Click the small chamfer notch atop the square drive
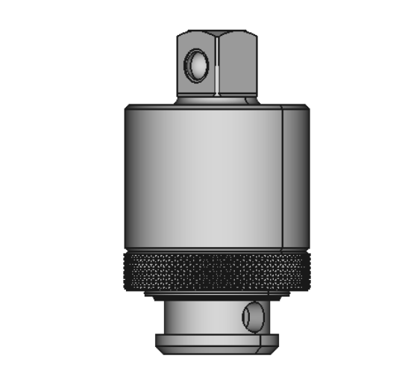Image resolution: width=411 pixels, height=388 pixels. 216,34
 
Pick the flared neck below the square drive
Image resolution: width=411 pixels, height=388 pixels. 216,98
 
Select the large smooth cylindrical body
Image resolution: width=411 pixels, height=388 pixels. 201,179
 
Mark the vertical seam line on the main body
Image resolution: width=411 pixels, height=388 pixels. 283,179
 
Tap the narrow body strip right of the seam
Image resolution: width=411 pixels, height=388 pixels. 295,179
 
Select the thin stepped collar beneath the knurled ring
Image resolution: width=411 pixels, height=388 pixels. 216,295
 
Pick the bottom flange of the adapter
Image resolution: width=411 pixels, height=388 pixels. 216,344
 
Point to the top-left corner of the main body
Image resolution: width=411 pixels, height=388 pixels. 126,106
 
